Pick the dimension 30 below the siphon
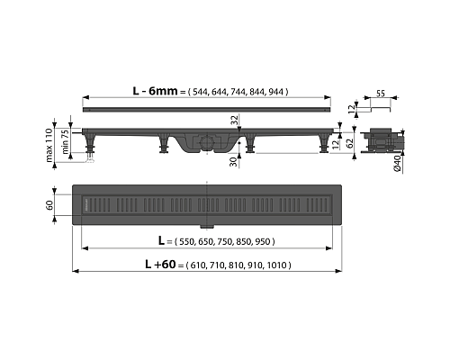coord(233,159)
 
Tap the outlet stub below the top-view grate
coord(210,223)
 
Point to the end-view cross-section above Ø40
coord(384,139)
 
